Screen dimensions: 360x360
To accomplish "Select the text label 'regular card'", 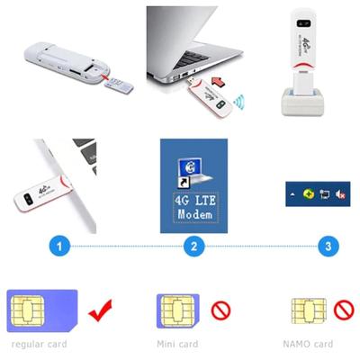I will tap(39, 344).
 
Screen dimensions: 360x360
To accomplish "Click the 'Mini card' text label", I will tap(179, 344).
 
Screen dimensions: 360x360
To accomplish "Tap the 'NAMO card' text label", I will tap(309, 344).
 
